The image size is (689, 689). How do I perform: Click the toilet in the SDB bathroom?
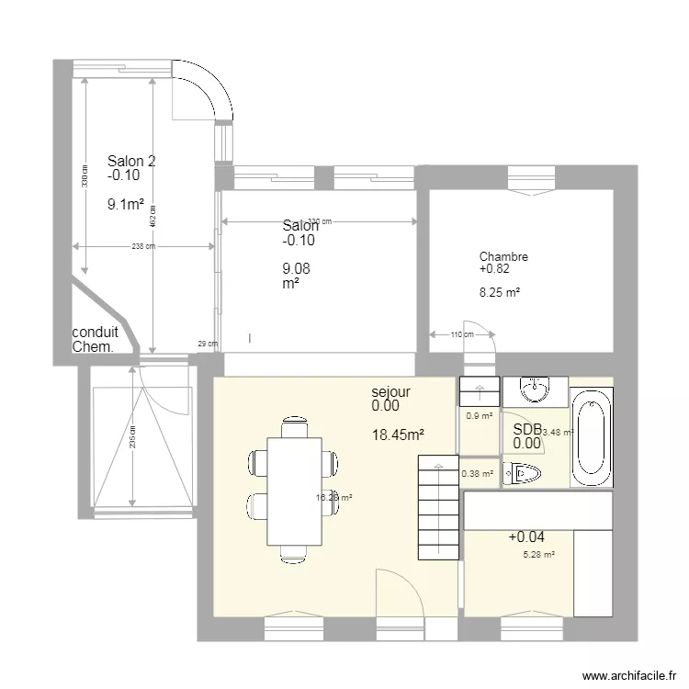[525, 474]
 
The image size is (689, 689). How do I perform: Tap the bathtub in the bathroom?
[592, 438]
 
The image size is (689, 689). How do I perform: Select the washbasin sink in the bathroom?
[534, 390]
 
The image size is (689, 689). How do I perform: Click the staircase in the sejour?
[438, 507]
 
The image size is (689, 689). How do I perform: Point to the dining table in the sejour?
[294, 490]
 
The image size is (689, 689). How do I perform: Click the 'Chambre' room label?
[503, 257]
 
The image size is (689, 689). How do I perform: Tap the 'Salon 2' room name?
[131, 162]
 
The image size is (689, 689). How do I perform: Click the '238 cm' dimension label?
[143, 246]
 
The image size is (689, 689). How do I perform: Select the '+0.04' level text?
[525, 537]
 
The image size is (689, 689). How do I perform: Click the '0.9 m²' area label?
[479, 415]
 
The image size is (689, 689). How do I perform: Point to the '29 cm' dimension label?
[208, 344]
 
